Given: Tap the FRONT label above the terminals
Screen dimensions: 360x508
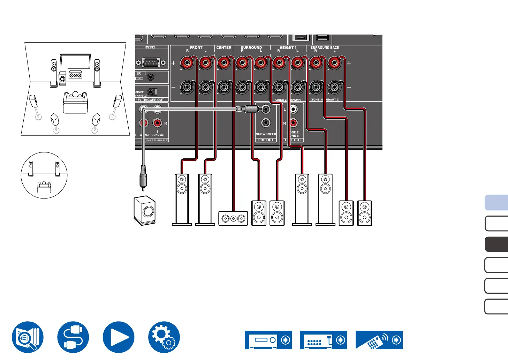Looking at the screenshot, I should [196, 47].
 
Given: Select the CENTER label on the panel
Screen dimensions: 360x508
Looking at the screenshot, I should [224, 47].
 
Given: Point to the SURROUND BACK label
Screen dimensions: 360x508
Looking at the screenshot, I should [325, 47].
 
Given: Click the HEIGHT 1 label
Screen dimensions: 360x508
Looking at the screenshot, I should [288, 47].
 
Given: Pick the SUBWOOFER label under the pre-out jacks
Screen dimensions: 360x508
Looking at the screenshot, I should [266, 134].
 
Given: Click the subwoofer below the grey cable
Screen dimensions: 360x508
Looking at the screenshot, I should [145, 210].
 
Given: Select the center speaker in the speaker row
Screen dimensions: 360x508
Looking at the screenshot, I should [233, 218].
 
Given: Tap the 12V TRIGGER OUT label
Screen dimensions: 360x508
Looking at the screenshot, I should [150, 100].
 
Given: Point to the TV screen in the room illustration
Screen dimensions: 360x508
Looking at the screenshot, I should [75, 61].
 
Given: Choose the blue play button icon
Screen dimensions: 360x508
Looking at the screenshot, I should [119, 337].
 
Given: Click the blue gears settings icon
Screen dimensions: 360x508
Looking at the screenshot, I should [164, 337].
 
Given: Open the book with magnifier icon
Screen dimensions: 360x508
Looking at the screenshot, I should [28, 337].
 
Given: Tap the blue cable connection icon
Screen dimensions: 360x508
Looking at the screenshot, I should [73, 337].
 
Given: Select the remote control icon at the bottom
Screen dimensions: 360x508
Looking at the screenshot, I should [379, 340].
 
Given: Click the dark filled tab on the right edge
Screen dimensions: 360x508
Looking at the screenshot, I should [496, 244].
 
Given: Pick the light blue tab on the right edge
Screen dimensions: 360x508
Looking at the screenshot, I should [496, 203].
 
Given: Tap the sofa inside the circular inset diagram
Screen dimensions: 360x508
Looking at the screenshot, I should [44, 187].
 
